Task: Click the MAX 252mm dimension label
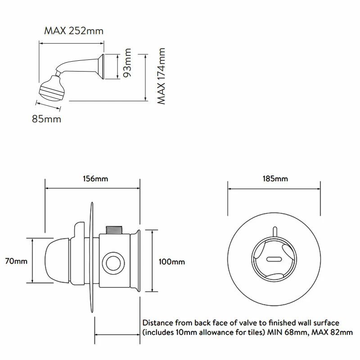tap(74, 31)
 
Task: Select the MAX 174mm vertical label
tap(162, 76)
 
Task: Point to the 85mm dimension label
tap(46, 119)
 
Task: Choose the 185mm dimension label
tap(275, 179)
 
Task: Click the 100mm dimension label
tap(172, 261)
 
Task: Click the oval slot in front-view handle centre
tap(274, 259)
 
